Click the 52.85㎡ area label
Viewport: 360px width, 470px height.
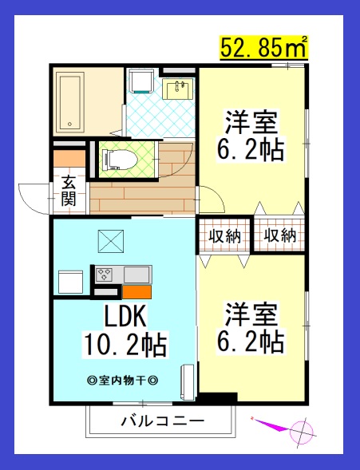pyautogui.click(x=263, y=48)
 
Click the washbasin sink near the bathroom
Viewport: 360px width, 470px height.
pyautogui.click(x=178, y=88)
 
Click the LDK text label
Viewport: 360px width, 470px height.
pyautogui.click(x=124, y=318)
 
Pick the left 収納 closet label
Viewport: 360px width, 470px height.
pyautogui.click(x=225, y=235)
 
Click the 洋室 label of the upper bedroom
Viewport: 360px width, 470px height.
pyautogui.click(x=251, y=123)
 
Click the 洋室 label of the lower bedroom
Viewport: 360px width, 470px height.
pyautogui.click(x=251, y=312)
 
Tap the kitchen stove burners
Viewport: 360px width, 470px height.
pyautogui.click(x=105, y=275)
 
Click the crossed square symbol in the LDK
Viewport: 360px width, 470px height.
pyautogui.click(x=109, y=239)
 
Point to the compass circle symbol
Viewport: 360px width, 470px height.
pyautogui.click(x=304, y=432)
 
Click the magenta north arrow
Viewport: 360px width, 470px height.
pyautogui.click(x=271, y=425)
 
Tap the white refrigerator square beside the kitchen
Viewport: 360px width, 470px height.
pyautogui.click(x=70, y=282)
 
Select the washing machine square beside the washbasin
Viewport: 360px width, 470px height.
pyautogui.click(x=142, y=83)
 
